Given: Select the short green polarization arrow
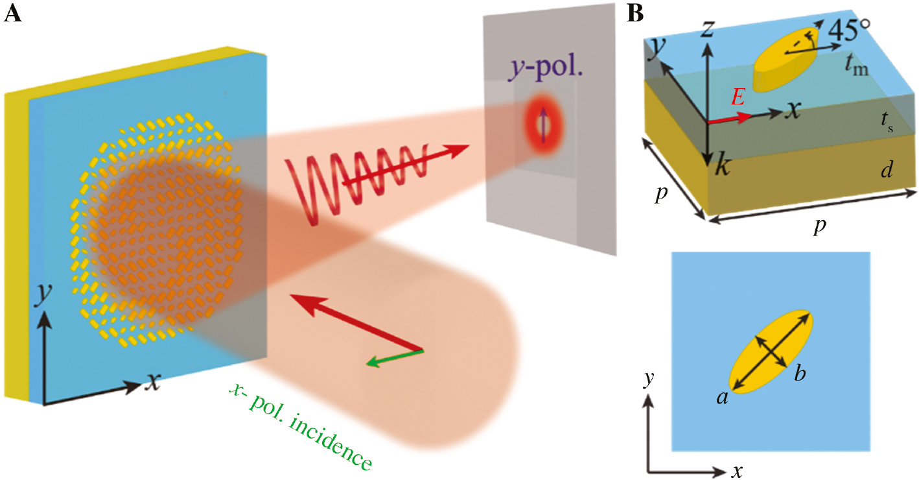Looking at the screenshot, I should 394,357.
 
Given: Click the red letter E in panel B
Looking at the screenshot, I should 738,98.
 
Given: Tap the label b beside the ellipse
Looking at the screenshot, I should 799,374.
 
